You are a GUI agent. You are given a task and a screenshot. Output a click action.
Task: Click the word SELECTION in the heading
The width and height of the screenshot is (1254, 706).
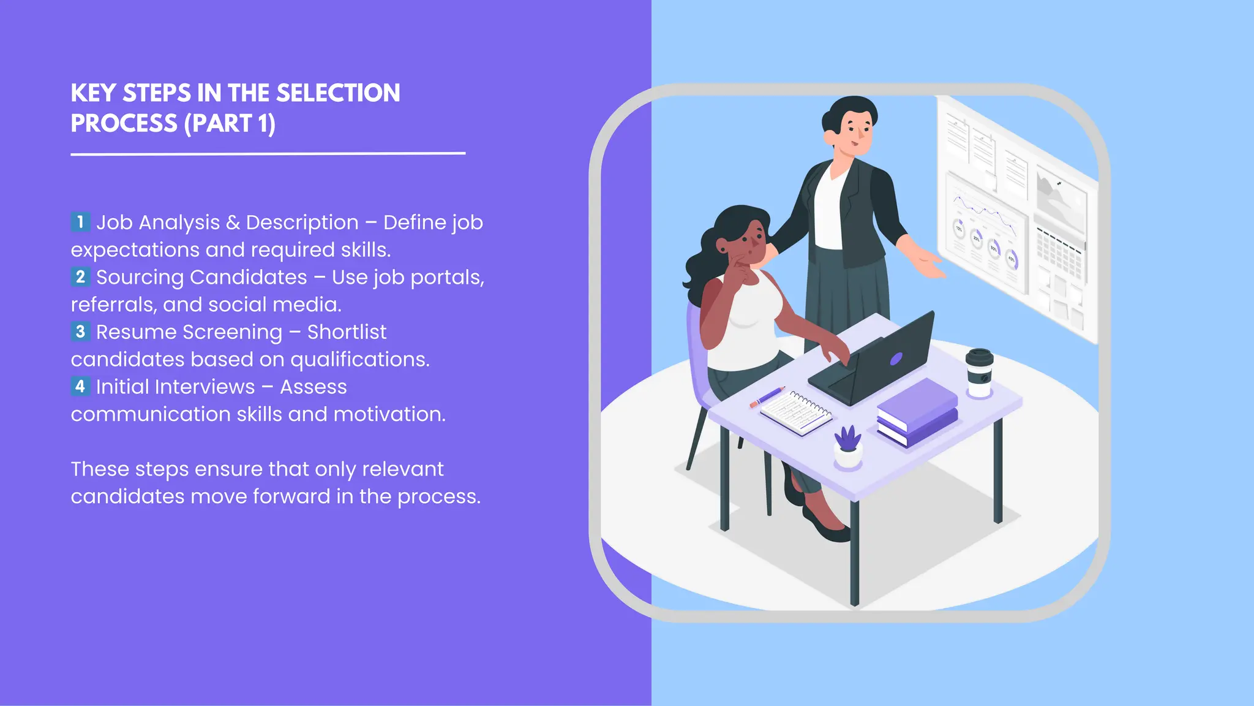coord(338,93)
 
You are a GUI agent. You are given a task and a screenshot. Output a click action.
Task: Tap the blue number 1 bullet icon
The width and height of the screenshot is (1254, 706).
coord(80,222)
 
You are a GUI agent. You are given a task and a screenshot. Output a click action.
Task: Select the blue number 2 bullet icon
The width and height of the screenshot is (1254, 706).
coord(80,277)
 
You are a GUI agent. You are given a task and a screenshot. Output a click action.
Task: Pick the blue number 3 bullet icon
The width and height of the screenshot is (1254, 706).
coord(80,332)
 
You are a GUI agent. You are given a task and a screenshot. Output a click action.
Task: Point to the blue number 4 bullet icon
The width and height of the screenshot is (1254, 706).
coord(80,387)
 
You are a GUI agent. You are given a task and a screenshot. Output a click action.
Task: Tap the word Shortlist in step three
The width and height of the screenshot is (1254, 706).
coord(347,332)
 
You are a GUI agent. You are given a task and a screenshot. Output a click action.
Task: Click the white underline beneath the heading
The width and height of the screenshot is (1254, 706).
coord(268,153)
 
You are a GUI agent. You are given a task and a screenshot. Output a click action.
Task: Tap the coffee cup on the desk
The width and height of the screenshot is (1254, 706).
coord(979,372)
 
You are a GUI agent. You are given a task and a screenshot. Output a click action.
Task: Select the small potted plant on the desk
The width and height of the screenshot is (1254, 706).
coord(848,447)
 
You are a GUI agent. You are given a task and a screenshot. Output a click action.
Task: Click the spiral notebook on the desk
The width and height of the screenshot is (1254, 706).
coord(797,413)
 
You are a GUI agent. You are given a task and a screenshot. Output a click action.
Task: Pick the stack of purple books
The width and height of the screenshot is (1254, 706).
coord(917,412)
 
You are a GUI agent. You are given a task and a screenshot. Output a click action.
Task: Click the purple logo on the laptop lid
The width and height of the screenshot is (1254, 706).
coord(896,359)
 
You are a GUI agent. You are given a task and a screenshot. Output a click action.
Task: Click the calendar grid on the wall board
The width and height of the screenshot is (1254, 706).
coord(1059,251)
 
